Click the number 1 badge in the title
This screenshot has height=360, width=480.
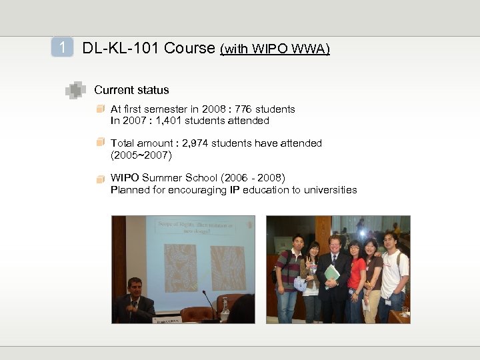pos(62,48)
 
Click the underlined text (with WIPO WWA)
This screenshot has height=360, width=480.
pos(275,49)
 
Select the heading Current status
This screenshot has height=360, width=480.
pos(131,90)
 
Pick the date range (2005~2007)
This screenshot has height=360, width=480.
pos(141,155)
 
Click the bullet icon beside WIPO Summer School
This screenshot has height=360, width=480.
pos(100,179)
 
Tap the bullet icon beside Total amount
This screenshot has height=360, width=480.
pos(100,142)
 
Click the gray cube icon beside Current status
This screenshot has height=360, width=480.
pos(76,90)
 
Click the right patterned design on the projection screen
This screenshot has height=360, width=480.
pos(227,267)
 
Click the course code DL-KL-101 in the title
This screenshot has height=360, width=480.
pos(121,48)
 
